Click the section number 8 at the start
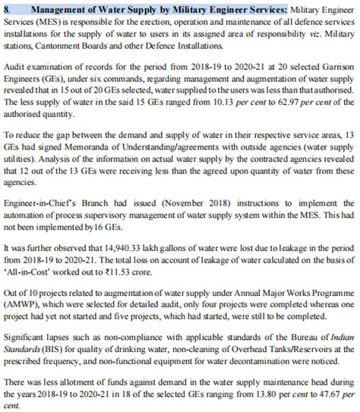tap(8, 7)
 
